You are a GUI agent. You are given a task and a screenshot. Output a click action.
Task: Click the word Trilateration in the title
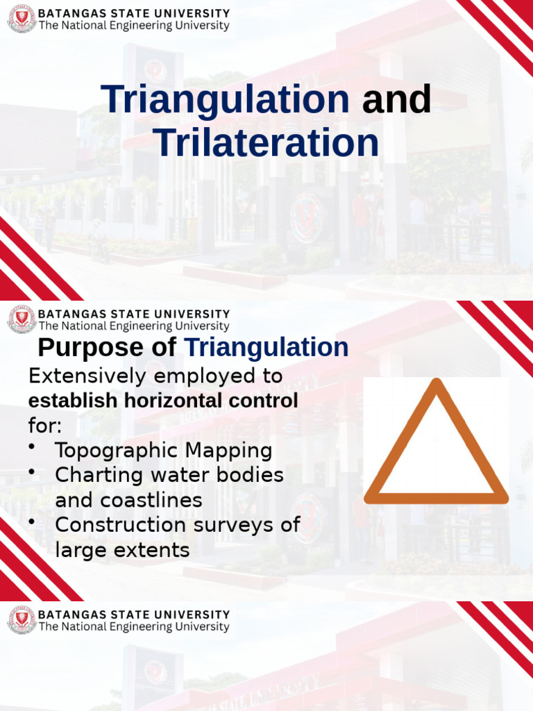pyautogui.click(x=266, y=143)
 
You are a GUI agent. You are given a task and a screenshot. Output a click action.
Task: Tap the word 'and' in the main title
pyautogui.click(x=396, y=100)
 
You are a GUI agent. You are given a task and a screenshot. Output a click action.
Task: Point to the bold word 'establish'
pyautogui.click(x=64, y=401)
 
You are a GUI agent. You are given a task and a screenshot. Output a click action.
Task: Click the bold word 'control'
pyautogui.click(x=266, y=401)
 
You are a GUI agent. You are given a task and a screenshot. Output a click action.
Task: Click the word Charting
pyautogui.click(x=92, y=475)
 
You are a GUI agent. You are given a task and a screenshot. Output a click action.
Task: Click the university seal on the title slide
pyautogui.click(x=22, y=19)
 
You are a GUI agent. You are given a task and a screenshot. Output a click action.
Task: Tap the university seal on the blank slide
pyautogui.click(x=22, y=619)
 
